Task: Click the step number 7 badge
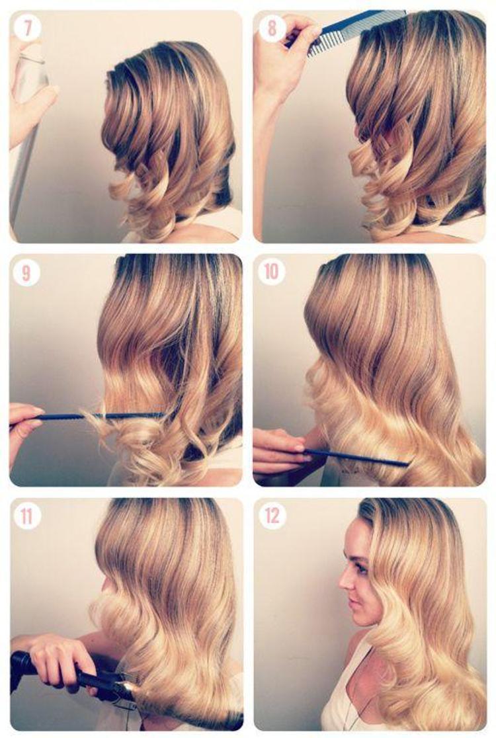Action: [x=27, y=28]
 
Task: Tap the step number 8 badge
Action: [x=272, y=28]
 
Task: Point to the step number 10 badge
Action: [x=272, y=272]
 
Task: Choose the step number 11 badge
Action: [x=27, y=516]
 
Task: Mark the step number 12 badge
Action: [x=272, y=516]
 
